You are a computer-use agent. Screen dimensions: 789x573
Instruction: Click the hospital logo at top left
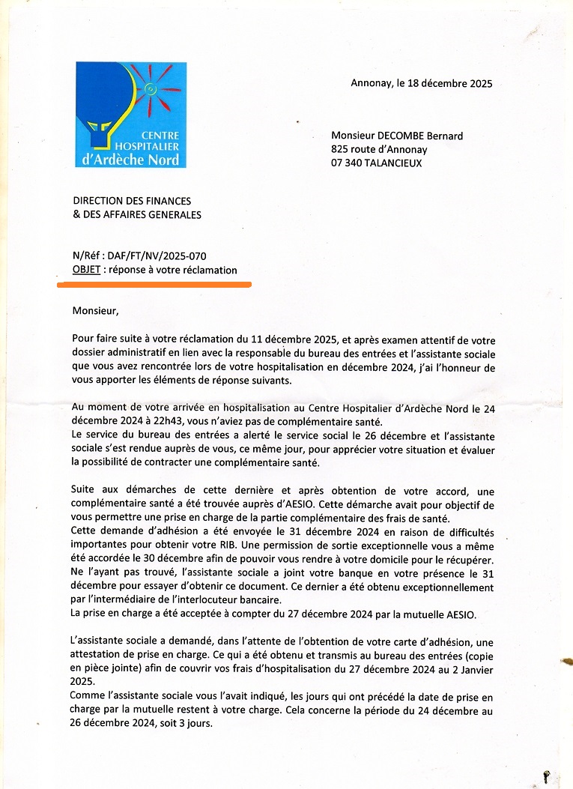click(131, 115)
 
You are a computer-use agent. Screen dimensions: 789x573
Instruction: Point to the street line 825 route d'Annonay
click(379, 149)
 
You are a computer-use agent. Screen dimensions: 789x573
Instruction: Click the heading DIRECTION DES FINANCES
click(132, 201)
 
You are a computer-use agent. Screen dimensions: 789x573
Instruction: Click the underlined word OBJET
click(86, 270)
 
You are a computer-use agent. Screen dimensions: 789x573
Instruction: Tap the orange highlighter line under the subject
click(154, 284)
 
